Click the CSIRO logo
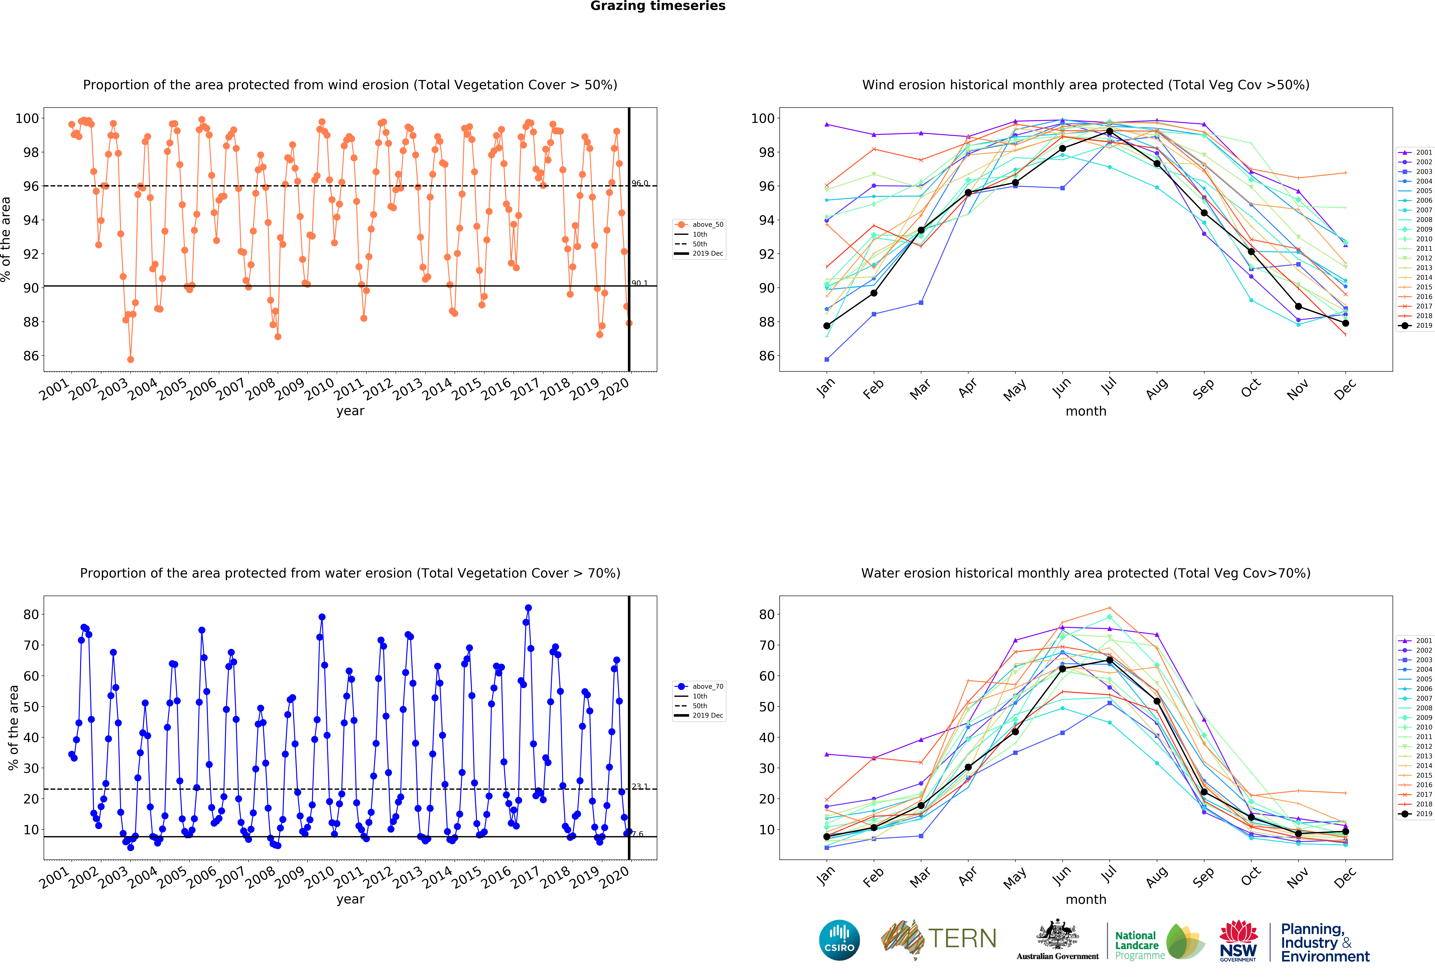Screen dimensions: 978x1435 839,940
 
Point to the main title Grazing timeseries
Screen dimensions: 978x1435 658,6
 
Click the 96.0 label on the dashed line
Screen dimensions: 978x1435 640,183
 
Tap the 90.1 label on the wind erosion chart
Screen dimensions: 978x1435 640,283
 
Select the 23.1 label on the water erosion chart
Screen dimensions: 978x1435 640,787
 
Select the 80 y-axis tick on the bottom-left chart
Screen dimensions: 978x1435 31,614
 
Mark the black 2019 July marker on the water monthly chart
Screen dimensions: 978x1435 1110,660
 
